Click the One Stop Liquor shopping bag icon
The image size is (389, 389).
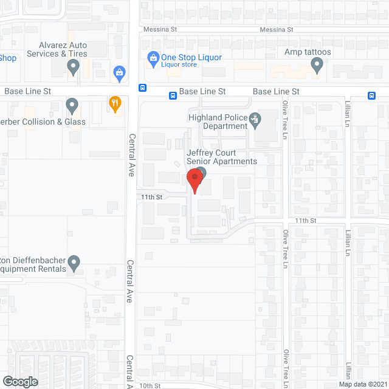(153, 58)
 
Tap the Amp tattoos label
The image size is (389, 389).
(308, 52)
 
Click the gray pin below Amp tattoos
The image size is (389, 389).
(316, 67)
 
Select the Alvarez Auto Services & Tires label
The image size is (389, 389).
(63, 49)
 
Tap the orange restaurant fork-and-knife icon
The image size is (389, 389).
(114, 103)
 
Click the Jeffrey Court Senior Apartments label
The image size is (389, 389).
(222, 157)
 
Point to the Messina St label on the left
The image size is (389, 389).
(160, 29)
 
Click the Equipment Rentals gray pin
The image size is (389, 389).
(74, 263)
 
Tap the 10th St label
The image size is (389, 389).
(149, 385)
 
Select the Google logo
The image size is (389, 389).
(19, 381)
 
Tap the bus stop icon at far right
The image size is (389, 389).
(371, 94)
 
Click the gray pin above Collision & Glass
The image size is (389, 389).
(72, 106)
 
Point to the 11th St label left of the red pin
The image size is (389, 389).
(151, 197)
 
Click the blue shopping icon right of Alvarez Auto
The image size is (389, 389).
(120, 74)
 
